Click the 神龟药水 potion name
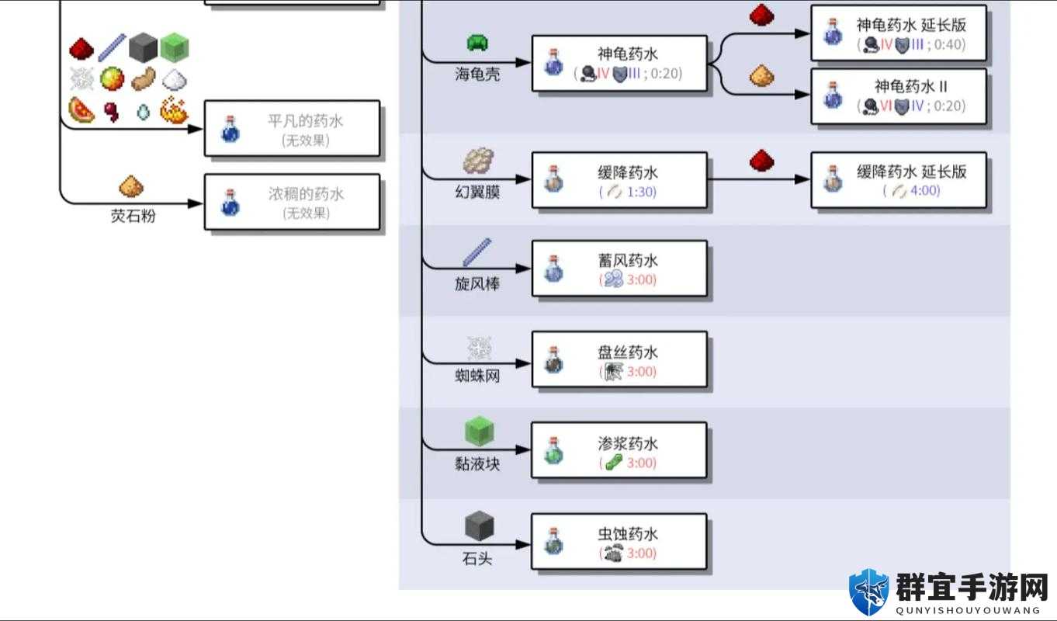(x=628, y=54)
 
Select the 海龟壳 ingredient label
(x=477, y=74)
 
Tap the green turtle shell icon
(x=477, y=43)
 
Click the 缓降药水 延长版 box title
(x=912, y=172)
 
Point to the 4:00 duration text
(x=925, y=191)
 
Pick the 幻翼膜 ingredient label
(x=477, y=192)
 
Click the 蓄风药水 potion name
(x=628, y=260)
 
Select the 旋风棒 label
(x=477, y=283)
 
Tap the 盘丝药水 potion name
(x=628, y=352)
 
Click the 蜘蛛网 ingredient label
(x=477, y=376)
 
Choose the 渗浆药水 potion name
(x=628, y=443)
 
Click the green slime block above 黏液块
(x=479, y=431)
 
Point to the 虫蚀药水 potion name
(x=628, y=534)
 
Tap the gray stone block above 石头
(x=479, y=526)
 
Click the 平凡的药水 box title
(x=305, y=121)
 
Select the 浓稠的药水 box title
(x=307, y=194)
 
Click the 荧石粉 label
(x=133, y=216)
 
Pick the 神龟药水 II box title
(x=911, y=86)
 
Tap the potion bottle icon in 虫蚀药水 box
(x=553, y=541)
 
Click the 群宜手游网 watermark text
(x=972, y=588)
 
